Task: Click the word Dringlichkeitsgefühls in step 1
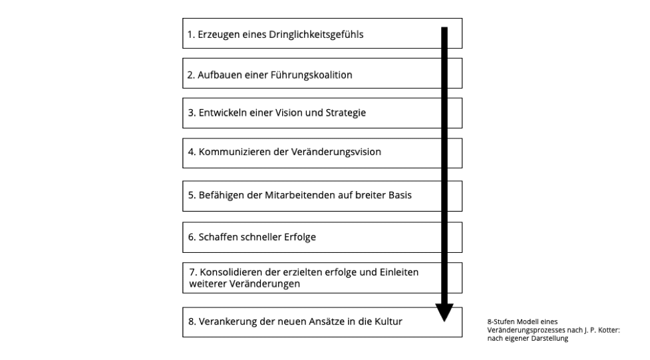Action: (x=316, y=35)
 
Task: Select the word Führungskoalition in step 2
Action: (x=311, y=75)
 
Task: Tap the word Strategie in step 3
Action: (x=346, y=113)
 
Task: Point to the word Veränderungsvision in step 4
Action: (x=336, y=152)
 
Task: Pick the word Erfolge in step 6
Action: (x=299, y=238)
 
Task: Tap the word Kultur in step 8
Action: (x=389, y=321)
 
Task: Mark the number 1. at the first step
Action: (x=191, y=35)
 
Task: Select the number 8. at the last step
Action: (x=192, y=321)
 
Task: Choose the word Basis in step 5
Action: (x=400, y=196)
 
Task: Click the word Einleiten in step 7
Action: (x=399, y=272)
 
